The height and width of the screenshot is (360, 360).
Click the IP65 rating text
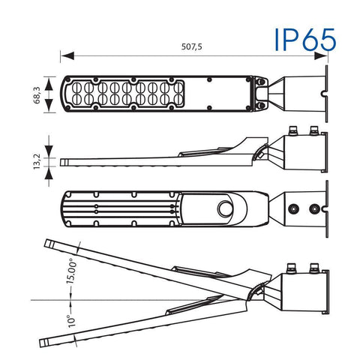pyautogui.click(x=304, y=40)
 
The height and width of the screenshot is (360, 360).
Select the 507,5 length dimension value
pyautogui.click(x=191, y=46)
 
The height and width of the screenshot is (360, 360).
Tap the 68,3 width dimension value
pyautogui.click(x=37, y=95)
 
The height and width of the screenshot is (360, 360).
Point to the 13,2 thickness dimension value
pyautogui.click(x=37, y=161)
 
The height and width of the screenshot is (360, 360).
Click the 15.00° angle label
pyautogui.click(x=71, y=271)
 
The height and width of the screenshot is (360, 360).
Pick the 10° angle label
pyautogui.click(x=72, y=321)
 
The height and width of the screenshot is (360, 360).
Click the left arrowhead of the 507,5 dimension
pyautogui.click(x=67, y=56)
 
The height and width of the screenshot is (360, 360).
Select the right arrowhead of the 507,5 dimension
pyautogui.click(x=321, y=56)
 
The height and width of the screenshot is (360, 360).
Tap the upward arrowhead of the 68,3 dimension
pyautogui.click(x=49, y=84)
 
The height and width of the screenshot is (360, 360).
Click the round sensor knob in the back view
pyautogui.click(x=225, y=208)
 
